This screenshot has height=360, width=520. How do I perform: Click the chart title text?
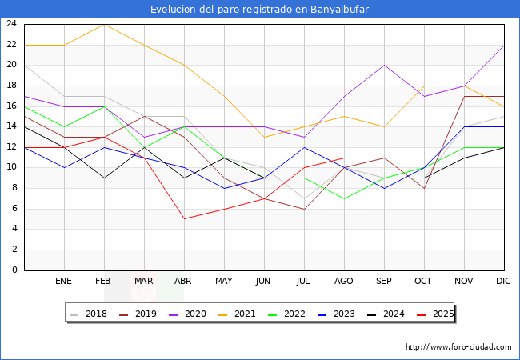(x=260, y=10)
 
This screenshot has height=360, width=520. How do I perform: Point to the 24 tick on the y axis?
(x=12, y=24)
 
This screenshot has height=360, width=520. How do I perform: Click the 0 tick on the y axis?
(x=14, y=270)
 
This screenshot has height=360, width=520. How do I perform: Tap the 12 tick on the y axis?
(x=12, y=147)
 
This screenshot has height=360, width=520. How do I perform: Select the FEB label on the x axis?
(x=104, y=282)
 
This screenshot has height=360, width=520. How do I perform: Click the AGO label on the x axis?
(x=344, y=282)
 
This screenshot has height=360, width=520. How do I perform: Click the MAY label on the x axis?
(x=224, y=282)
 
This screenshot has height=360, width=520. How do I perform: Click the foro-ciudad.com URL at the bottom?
(x=458, y=347)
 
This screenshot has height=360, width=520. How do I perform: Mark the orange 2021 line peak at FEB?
(x=104, y=24)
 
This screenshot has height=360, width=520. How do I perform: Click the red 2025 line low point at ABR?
(x=184, y=218)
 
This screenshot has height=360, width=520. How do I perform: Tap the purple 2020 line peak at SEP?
(x=384, y=65)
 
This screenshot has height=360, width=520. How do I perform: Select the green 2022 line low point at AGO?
(x=344, y=198)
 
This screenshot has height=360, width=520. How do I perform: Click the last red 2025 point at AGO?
(x=344, y=158)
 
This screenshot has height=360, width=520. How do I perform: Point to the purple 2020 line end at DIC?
(x=504, y=45)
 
